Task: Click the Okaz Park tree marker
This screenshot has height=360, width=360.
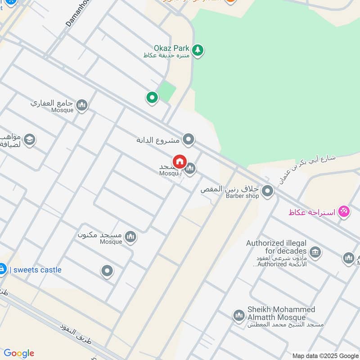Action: pyautogui.click(x=197, y=50)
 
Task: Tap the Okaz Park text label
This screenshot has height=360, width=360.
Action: pyautogui.click(x=172, y=48)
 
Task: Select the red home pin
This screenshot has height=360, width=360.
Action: pyautogui.click(x=180, y=162)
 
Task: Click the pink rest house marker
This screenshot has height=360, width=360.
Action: pyautogui.click(x=344, y=211)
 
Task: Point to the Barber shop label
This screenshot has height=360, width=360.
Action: pyautogui.click(x=242, y=196)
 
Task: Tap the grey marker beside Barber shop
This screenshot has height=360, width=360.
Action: pyautogui.click(x=268, y=191)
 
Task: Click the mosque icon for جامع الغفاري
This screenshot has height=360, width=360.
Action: pyautogui.click(x=81, y=105)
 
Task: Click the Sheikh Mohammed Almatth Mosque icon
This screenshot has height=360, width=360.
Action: pyautogui.click(x=238, y=315)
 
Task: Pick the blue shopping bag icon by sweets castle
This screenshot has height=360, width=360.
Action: pyautogui.click(x=2, y=269)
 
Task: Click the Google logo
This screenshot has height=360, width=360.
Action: pyautogui.click(x=19, y=353)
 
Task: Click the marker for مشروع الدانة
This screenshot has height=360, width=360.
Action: pyautogui.click(x=189, y=139)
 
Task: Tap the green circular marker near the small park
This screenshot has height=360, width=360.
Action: pyautogui.click(x=152, y=97)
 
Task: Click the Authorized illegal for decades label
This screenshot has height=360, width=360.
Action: pyautogui.click(x=276, y=247)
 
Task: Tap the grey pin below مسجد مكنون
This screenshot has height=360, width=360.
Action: pyautogui.click(x=107, y=271)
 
